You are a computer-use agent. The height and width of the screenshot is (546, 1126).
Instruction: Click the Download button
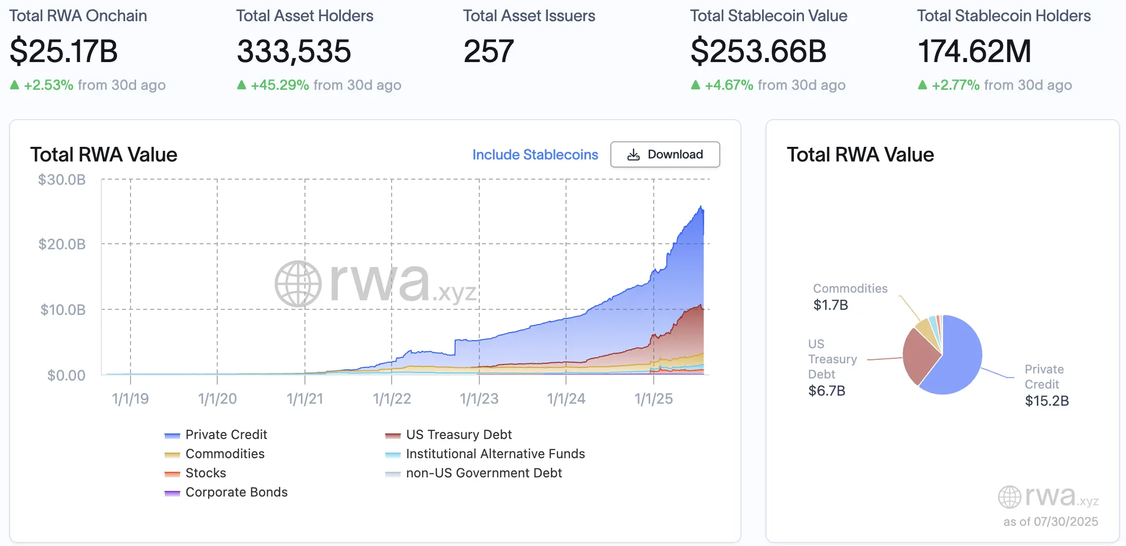(x=665, y=154)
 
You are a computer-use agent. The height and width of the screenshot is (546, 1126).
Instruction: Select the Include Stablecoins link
(x=535, y=154)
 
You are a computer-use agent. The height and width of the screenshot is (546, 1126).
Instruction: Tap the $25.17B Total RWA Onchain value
(x=64, y=51)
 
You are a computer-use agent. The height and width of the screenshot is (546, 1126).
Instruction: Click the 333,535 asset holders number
(x=294, y=51)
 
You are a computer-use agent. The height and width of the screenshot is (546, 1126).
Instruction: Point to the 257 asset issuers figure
(x=488, y=51)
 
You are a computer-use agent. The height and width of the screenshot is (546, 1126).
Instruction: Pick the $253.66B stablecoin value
(x=758, y=51)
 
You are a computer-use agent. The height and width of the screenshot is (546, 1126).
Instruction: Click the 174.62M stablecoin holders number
(x=974, y=51)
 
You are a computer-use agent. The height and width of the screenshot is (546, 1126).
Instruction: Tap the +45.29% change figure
(x=280, y=85)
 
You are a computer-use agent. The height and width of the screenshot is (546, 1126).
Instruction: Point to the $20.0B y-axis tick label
(x=62, y=245)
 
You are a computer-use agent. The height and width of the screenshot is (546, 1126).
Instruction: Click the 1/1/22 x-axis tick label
(x=392, y=399)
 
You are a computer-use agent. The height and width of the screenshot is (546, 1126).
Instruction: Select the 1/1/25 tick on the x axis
(x=653, y=399)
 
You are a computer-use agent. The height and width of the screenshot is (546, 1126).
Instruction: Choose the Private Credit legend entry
(x=226, y=434)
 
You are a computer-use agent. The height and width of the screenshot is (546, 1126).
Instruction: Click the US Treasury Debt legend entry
(x=459, y=434)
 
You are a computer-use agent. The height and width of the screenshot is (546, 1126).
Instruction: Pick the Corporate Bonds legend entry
(x=236, y=492)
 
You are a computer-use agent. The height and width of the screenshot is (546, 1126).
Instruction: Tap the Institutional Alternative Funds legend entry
(x=495, y=454)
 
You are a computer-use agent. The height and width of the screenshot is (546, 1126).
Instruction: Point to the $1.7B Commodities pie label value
(x=831, y=305)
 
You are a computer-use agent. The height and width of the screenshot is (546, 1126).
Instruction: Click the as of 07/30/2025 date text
(x=1050, y=521)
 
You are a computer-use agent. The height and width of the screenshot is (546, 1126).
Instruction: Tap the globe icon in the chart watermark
(x=298, y=284)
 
